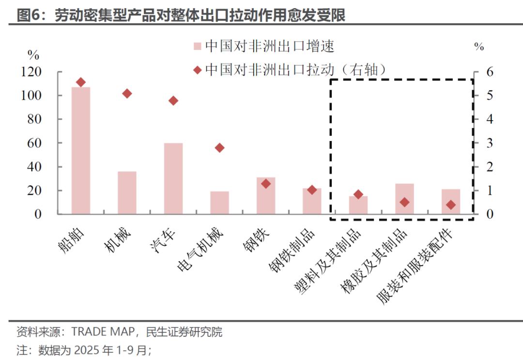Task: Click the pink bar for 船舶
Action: point(81,150)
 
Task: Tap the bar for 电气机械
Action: point(219,203)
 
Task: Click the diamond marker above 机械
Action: point(127,94)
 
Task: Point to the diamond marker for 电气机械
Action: point(219,148)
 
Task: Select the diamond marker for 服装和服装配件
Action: point(451,205)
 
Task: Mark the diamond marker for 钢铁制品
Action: point(312,190)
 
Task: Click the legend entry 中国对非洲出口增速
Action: point(269,47)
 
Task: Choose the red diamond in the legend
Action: point(197,71)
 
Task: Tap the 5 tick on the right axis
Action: point(477,95)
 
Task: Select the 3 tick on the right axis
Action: point(477,143)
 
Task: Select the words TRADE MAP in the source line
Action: point(101,332)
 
